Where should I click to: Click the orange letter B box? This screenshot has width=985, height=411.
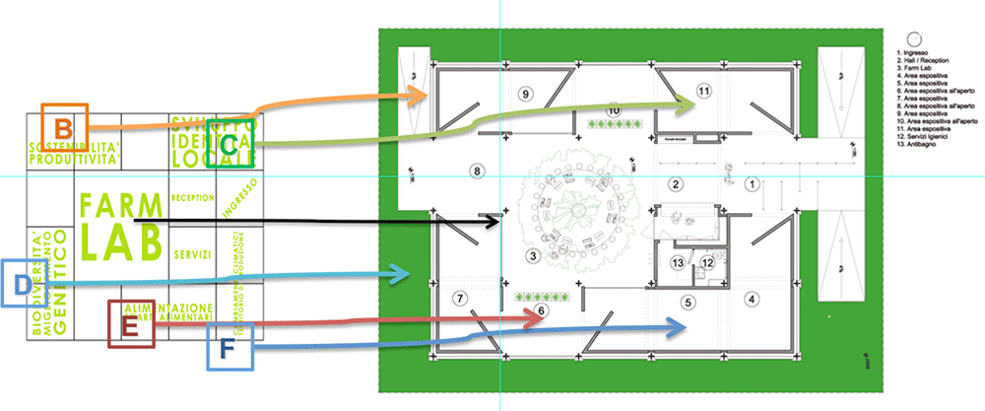pos(64,127)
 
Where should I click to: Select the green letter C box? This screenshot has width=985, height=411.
pos(229,145)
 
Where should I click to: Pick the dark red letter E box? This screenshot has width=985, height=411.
pos(131,324)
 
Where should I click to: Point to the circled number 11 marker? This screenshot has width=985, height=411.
pos(703,92)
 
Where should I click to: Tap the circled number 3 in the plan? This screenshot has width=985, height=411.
pos(533,256)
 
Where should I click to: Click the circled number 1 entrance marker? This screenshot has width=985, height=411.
pos(751,183)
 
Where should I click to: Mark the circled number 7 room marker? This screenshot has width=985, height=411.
pos(458,298)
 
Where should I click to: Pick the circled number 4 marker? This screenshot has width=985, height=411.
pos(752,298)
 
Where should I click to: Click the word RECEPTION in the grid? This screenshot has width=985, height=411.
pos(192,197)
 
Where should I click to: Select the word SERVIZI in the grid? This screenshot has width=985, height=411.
pos(192,254)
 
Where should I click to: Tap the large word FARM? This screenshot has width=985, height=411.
pos(120,206)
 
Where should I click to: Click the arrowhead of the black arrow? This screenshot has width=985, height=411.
pos(499,225)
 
